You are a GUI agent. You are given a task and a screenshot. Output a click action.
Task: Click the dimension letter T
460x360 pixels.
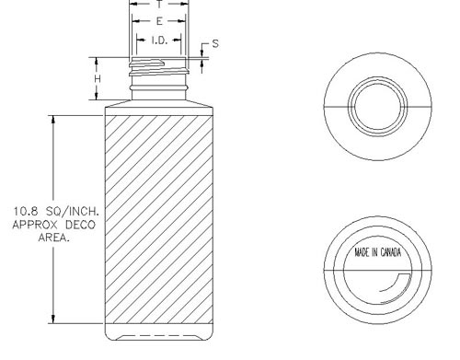pyautogui.click(x=159, y=5)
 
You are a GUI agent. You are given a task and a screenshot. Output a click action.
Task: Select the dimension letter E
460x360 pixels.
pyautogui.click(x=159, y=21)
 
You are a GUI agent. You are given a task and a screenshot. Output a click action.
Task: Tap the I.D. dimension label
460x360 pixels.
pyautogui.click(x=159, y=41)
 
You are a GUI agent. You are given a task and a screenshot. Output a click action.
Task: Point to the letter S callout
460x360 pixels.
pyautogui.click(x=215, y=43)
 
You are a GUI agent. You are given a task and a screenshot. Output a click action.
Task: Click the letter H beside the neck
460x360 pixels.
pyautogui.click(x=98, y=79)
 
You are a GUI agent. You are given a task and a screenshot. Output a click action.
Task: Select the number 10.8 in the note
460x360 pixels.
pyautogui.click(x=26, y=211)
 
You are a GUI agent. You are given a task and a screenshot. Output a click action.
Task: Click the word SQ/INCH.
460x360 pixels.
pyautogui.click(x=73, y=211)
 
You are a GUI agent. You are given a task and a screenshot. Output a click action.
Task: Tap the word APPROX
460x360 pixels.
pyautogui.click(x=35, y=225)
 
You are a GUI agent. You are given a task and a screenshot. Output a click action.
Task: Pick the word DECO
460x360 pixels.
pyautogui.click(x=80, y=225)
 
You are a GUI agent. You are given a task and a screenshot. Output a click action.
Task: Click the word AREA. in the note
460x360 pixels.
pyautogui.click(x=54, y=238)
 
